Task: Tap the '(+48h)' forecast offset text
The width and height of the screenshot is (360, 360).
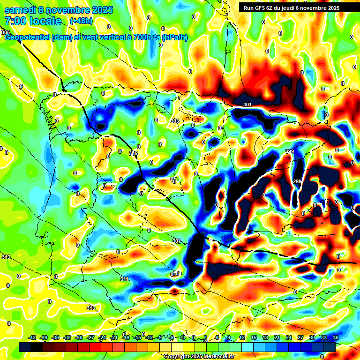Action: point(81,21)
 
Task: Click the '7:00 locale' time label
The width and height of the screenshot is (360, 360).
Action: point(33,21)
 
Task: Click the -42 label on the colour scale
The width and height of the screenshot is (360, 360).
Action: point(32,337)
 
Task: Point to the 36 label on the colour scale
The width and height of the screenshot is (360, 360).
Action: point(336,337)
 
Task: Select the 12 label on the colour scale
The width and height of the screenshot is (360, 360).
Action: point(242,337)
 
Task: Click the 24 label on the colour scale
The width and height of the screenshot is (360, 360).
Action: point(289,337)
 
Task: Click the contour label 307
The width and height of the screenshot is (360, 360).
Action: point(176,241)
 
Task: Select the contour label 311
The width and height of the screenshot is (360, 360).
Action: point(124,279)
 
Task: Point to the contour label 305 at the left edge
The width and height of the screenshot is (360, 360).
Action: point(5,32)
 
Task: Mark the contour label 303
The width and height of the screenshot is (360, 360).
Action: point(174,121)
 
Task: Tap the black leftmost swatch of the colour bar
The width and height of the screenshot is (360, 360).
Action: point(25,347)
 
